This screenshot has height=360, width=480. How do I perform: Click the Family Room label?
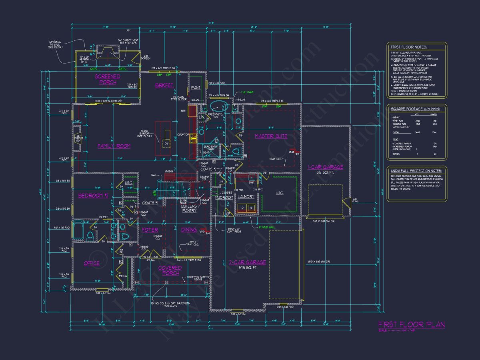click(114, 146)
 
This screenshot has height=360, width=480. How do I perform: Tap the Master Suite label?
click(271, 136)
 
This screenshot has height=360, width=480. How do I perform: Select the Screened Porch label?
click(108, 79)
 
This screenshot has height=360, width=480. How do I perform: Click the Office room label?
click(92, 263)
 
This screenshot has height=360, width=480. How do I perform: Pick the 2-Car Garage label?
click(247, 262)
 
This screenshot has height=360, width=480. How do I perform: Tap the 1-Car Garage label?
click(325, 167)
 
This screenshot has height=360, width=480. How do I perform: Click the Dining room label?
click(189, 230)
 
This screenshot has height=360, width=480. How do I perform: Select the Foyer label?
click(150, 230)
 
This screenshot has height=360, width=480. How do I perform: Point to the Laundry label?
click(246, 197)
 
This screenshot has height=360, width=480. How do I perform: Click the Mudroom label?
click(224, 198)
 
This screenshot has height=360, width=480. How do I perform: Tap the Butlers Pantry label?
click(189, 208)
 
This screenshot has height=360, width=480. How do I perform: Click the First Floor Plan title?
click(411, 325)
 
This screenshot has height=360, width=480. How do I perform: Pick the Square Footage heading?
click(411, 109)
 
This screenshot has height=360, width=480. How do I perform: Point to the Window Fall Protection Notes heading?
click(416, 171)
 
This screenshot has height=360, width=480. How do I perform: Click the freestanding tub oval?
click(219, 107)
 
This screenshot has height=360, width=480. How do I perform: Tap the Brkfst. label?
click(164, 85)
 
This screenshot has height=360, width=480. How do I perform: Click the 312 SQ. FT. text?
click(325, 172)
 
